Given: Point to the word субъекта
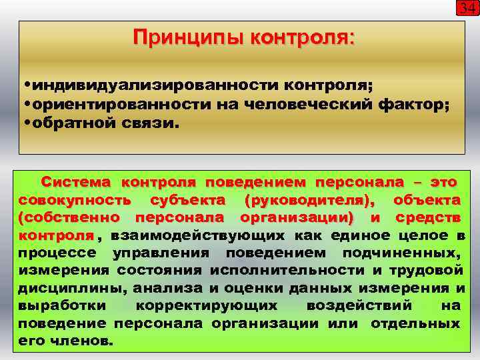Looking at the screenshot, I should tap(188, 200).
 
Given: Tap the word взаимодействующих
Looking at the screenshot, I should tap(197, 235).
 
